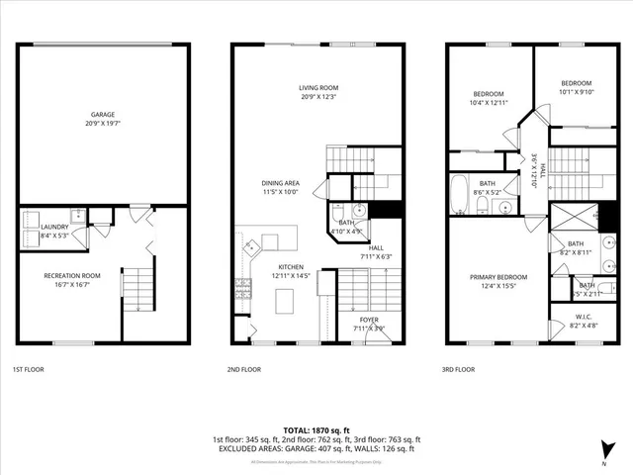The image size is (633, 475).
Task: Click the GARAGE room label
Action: (102, 115)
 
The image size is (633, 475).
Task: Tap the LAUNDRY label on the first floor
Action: (53, 227)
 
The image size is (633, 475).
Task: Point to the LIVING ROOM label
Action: (319, 88)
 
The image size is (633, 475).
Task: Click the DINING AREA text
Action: (280, 182)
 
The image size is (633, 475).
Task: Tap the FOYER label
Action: (369, 319)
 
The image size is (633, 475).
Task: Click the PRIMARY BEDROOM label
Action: (498, 277)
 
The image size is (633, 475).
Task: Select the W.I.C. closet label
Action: (583, 317)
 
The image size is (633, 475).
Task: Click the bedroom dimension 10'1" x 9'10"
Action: (576, 92)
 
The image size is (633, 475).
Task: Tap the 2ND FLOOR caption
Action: (244, 369)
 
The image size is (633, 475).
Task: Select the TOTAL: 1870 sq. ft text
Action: (316, 430)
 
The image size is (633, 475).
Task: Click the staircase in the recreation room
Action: (140, 288)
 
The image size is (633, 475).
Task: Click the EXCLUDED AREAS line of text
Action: (316, 448)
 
